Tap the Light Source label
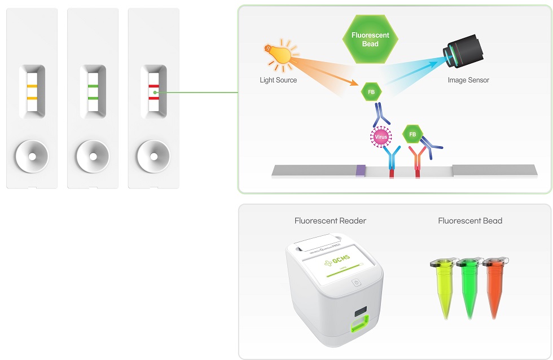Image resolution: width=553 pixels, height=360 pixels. [x=278, y=80]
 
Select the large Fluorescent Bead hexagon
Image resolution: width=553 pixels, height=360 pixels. [x=370, y=39]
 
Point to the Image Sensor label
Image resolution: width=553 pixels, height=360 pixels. [x=468, y=80]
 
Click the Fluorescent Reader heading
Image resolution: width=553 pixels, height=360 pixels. [x=330, y=221]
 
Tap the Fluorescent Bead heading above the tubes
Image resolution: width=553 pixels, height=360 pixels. [x=470, y=221]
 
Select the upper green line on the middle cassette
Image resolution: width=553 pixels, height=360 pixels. [x=93, y=86]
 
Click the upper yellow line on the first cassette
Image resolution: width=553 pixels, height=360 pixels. [x=32, y=86]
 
